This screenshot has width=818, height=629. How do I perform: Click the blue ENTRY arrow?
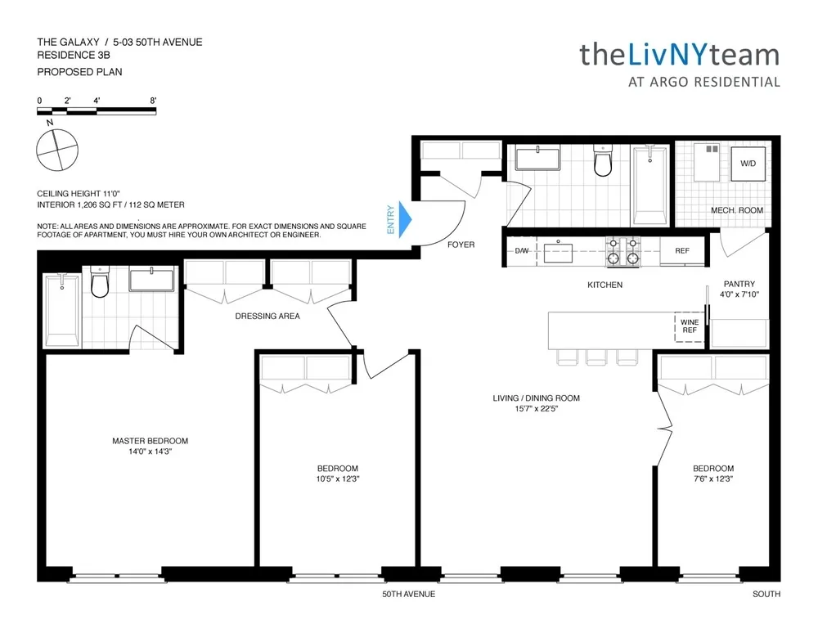(x=403, y=220)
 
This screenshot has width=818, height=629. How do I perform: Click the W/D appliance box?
(x=748, y=164)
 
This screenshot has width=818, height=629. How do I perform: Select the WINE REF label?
(x=686, y=327)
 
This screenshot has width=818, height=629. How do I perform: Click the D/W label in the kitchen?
(x=522, y=251)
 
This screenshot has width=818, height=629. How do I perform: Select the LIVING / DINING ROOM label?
(x=536, y=398)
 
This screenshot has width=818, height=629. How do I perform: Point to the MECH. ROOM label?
(x=736, y=210)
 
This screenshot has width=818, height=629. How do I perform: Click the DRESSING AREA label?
(x=267, y=316)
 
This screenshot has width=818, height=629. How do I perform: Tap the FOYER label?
(x=461, y=245)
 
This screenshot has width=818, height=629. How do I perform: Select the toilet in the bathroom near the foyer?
(x=603, y=162)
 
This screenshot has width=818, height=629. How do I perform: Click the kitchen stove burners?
(x=621, y=252)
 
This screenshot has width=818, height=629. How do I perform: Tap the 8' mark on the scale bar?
(x=153, y=101)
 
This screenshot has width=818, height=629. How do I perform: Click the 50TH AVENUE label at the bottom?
(x=409, y=595)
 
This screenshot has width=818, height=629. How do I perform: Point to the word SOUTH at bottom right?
(x=766, y=595)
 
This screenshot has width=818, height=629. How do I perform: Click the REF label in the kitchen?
(x=681, y=251)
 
